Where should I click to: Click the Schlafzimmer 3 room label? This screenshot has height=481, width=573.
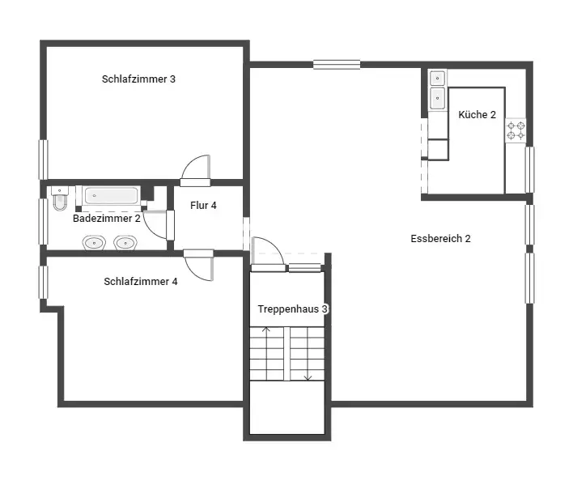point(138,79)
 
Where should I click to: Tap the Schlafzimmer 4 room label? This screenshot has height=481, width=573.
point(141,282)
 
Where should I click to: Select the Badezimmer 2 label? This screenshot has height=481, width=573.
point(107,219)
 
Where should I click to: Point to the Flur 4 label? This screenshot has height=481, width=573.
point(204,206)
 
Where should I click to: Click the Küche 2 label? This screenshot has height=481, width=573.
point(477,115)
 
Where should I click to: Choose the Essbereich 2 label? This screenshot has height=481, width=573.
point(441,239)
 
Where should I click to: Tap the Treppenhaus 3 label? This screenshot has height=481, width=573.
point(293,309)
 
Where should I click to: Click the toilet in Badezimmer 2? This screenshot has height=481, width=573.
point(60,198)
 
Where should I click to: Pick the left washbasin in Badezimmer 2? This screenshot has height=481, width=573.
point(94,243)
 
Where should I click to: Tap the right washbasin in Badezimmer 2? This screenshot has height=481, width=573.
point(125,243)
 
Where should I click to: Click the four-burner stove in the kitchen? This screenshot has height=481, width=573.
point(516,131)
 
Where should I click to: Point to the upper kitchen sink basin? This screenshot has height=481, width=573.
point(437,79)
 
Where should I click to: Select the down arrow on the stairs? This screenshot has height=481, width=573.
point(308,353)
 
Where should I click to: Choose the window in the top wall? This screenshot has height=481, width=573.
point(337,65)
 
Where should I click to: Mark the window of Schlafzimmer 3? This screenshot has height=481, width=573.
point(44,160)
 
